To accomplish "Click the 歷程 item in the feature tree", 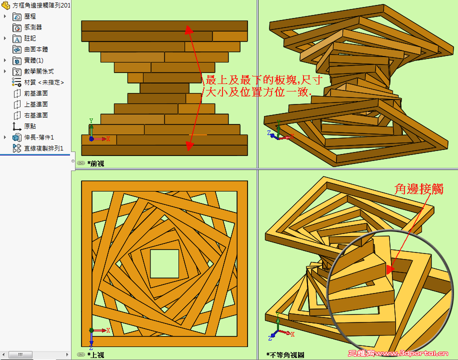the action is click(30, 16).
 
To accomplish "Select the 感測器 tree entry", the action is click(33, 27).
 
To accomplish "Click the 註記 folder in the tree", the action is click(30, 38).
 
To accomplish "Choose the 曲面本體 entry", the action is click(36, 49).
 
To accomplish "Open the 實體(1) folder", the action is click(33, 60).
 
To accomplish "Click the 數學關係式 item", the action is click(39, 71).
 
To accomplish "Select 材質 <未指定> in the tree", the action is click(44, 82).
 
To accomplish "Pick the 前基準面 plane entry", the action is click(36, 93).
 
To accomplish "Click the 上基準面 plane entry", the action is click(36, 104).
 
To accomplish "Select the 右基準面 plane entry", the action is click(36, 115).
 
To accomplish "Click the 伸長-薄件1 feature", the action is click(39, 137).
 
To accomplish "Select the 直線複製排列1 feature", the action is click(43, 148).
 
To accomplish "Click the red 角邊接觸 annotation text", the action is click(419, 189).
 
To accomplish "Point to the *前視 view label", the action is click(95, 163).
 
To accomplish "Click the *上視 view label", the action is click(95, 355).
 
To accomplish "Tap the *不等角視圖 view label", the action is click(285, 355).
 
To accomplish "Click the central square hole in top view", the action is click(164, 264).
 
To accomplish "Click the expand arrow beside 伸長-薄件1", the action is click(4, 137).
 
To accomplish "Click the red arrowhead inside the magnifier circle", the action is click(390, 269).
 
